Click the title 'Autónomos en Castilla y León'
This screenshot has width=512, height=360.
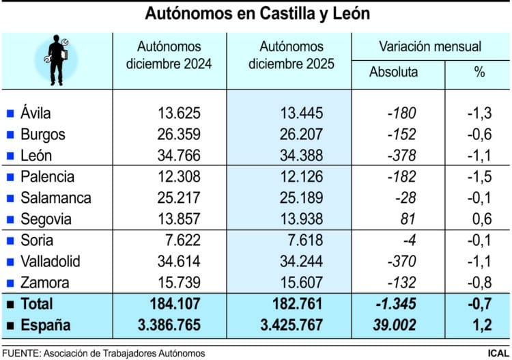point(257,14)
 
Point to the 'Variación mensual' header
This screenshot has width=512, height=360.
point(430,46)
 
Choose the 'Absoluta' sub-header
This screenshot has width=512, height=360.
point(393,72)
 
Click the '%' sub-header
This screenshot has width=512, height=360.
point(479,72)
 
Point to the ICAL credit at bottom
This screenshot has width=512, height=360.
point(497,352)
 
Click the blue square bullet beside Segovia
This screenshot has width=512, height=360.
point(10,220)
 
